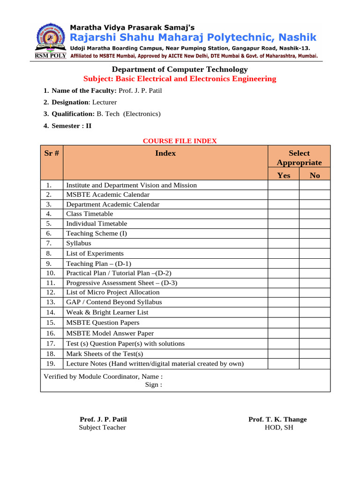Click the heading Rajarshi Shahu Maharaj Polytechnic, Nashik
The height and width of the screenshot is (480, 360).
tap(193, 37)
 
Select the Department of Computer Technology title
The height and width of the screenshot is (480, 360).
tap(180, 69)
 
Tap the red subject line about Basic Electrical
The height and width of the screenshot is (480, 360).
tap(180, 79)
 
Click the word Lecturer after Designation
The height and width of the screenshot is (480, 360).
tap(105, 102)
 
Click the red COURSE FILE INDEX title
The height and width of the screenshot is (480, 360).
tap(180, 141)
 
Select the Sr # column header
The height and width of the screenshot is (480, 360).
tap(52, 153)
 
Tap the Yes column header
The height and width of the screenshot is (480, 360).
tap(284, 175)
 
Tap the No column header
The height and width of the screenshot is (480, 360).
tap(315, 175)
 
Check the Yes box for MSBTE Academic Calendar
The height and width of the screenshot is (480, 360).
tap(284, 195)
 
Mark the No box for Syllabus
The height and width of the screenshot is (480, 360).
tap(315, 243)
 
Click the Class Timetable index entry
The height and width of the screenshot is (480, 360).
tap(90, 214)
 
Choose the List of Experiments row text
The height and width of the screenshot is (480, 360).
tap(95, 254)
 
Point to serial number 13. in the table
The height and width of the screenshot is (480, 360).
tap(52, 302)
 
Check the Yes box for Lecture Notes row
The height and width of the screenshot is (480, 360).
tap(284, 364)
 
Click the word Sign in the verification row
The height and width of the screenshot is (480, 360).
tap(153, 385)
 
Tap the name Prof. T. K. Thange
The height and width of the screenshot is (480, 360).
tap(277, 420)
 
